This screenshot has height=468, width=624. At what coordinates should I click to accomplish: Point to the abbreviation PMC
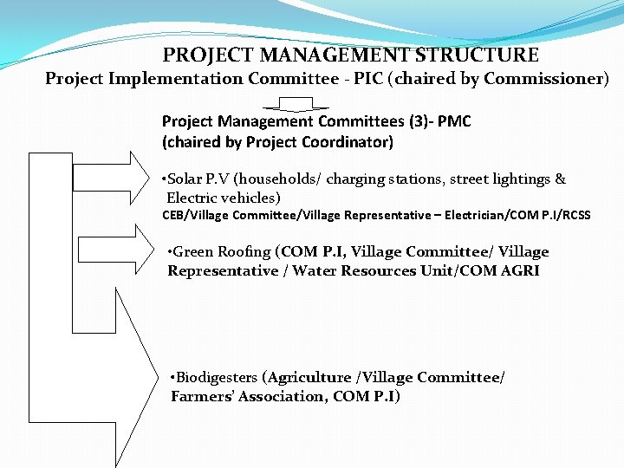coord(454,121)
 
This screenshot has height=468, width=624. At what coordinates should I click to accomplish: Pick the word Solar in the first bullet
coord(185,179)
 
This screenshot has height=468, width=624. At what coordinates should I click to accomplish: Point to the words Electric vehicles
coord(223,198)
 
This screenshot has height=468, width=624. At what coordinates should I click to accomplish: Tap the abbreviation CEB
coord(176,215)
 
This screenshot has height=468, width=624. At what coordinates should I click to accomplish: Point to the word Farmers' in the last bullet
coord(202,396)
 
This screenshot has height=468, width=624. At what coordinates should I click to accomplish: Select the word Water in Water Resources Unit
coord(315,270)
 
